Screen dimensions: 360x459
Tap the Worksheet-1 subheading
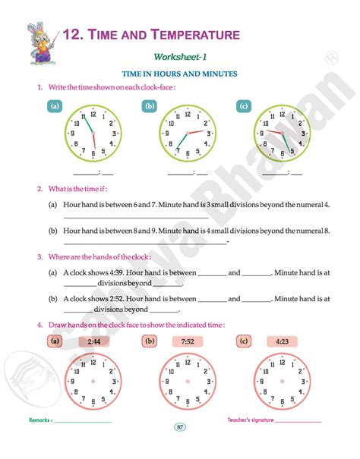(x=180, y=57)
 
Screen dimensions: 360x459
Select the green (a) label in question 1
(x=54, y=106)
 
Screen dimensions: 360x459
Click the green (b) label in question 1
(x=150, y=106)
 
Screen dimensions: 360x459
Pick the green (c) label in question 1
(x=243, y=106)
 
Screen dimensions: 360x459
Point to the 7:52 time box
(x=188, y=341)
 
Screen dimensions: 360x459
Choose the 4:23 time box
(x=282, y=341)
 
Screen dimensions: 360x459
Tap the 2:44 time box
(x=94, y=341)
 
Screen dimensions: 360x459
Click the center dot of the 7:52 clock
(x=187, y=382)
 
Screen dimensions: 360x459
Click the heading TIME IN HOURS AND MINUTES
(x=180, y=74)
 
